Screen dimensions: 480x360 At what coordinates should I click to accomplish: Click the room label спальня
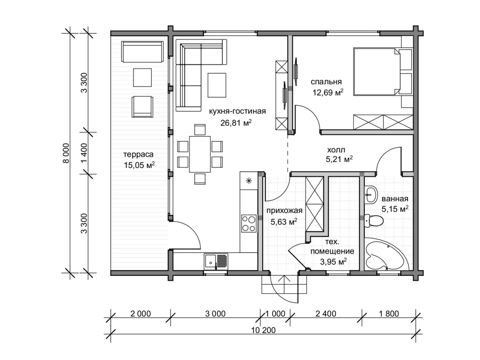point(326,82)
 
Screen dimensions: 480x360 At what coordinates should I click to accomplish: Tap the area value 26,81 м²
point(236,123)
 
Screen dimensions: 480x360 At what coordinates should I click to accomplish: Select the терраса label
point(138,154)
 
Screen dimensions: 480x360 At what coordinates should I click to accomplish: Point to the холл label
point(336,150)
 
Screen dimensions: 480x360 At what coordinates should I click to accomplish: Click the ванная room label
point(395,199)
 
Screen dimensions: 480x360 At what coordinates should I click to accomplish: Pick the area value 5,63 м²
point(284,222)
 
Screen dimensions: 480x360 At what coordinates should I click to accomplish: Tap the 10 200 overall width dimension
point(263,330)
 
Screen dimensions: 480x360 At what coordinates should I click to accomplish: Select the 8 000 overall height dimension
point(66,153)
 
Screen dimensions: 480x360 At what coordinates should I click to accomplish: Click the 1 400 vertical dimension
point(84,153)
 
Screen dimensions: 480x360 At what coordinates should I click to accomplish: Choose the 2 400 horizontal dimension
point(326,314)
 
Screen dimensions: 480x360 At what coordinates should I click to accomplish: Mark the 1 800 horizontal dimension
point(389,314)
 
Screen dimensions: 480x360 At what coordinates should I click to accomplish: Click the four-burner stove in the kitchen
point(249,223)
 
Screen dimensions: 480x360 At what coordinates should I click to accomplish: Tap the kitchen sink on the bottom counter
point(216,262)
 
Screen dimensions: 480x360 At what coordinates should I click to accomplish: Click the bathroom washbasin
point(371,194)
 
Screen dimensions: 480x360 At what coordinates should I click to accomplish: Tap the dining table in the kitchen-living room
point(200,154)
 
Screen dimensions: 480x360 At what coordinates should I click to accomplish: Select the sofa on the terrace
point(142,52)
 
